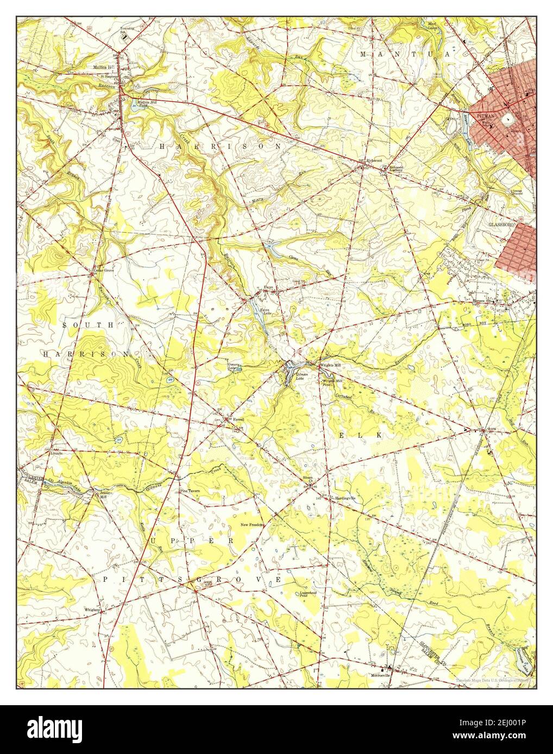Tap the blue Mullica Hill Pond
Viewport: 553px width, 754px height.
(135, 103)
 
